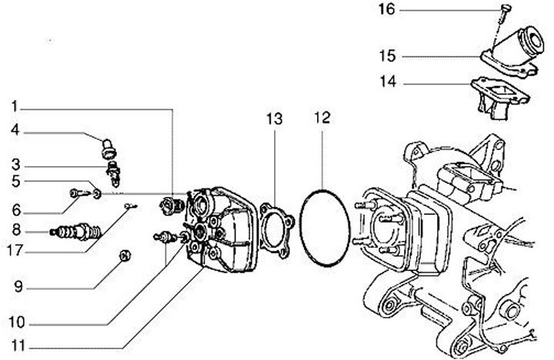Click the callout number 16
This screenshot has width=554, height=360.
pos(386,9)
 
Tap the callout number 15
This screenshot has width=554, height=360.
pos(387,56)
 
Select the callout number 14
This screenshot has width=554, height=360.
pos(388,82)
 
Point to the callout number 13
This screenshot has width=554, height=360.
pos(275,119)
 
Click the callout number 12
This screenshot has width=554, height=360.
pos(322,118)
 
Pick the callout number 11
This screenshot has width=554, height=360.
pos(18,346)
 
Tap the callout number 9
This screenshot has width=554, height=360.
pos(18,286)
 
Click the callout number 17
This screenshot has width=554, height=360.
pos(15,251)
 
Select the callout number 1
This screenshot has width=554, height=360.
pos(15,106)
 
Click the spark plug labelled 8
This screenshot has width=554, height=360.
pos(75,232)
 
